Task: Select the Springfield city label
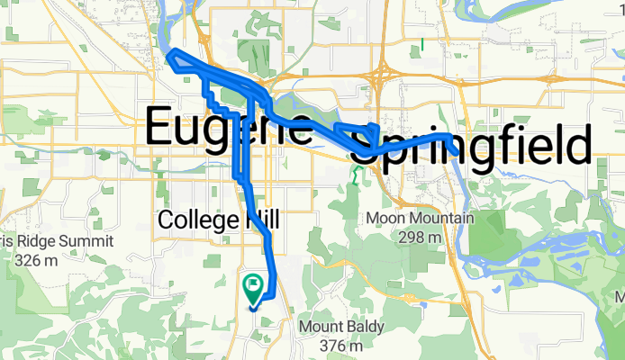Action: pos(469,144)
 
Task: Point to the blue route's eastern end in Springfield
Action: pos(450,136)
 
